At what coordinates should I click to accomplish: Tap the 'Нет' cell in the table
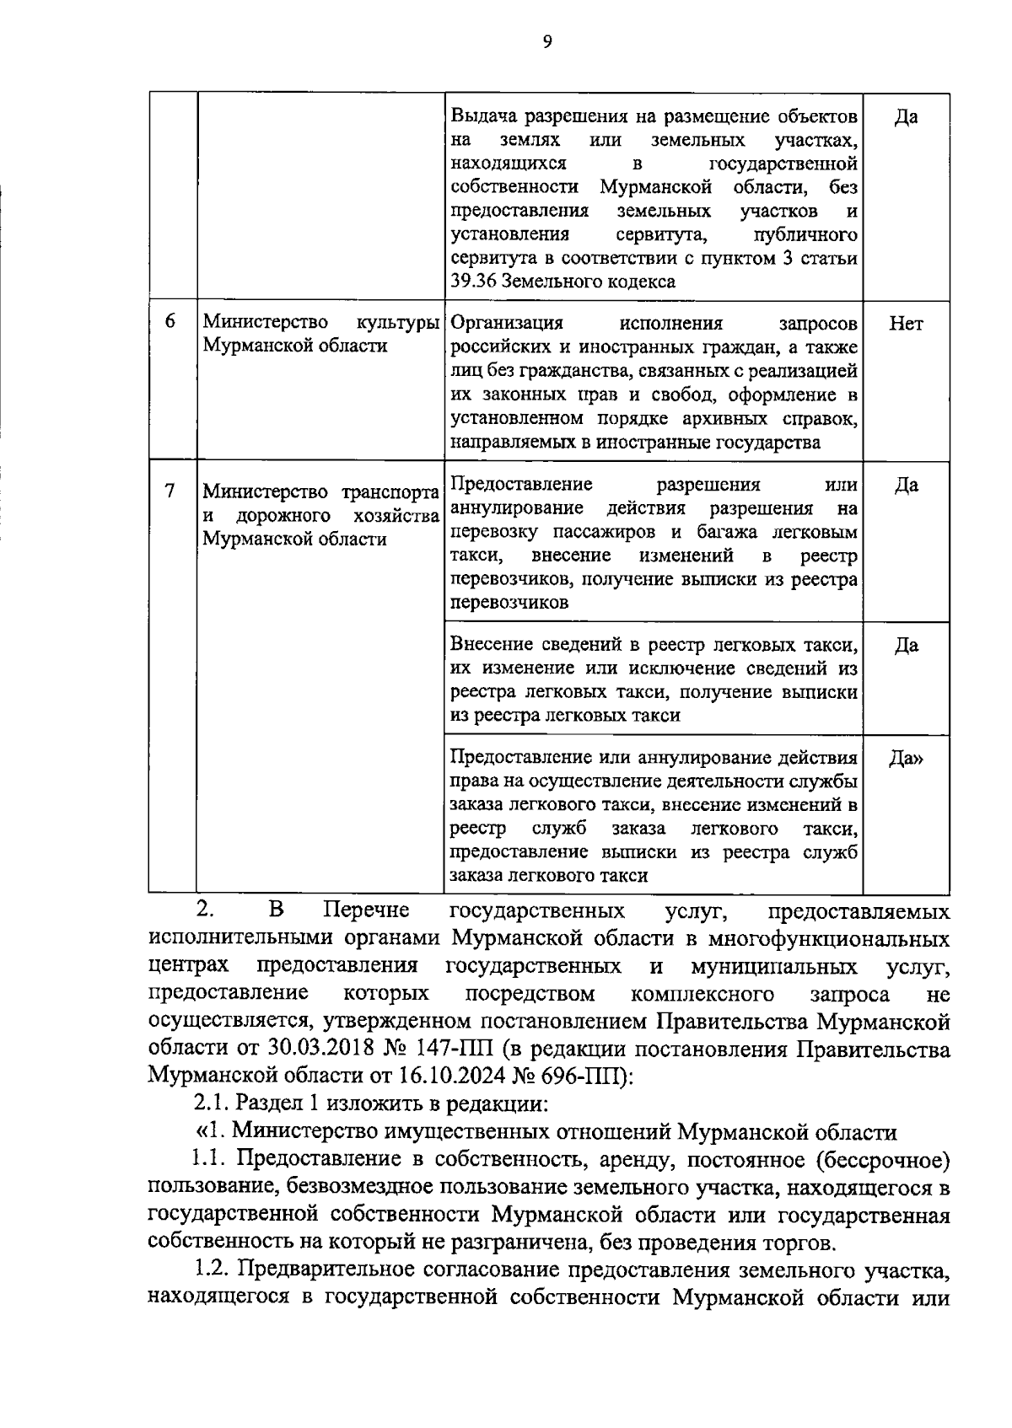pyautogui.click(x=906, y=324)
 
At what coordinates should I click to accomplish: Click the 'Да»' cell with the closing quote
pyautogui.click(x=906, y=759)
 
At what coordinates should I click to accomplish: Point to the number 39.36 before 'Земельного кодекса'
pyautogui.click(x=474, y=282)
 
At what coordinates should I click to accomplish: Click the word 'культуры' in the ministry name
pyautogui.click(x=398, y=323)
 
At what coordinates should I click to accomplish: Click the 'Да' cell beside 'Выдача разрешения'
pyautogui.click(x=906, y=116)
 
